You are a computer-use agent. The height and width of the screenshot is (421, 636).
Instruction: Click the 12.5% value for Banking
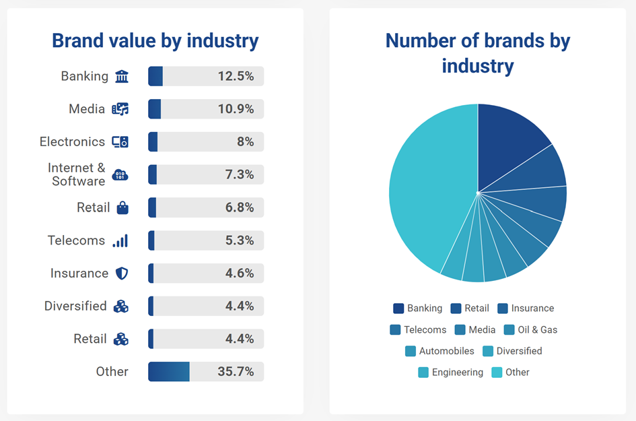pos(236,76)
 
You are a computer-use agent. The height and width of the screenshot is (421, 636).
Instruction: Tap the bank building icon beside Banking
pos(121,76)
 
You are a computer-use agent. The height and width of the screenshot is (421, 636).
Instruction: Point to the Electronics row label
pos(72,141)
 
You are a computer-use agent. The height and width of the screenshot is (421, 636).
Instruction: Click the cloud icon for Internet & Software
pos(120,175)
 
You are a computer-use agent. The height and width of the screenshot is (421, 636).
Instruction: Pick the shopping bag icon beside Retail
pos(122,207)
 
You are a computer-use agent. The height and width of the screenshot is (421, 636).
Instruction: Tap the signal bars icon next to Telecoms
pos(120,240)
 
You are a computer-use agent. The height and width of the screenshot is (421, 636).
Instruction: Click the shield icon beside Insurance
pos(121,273)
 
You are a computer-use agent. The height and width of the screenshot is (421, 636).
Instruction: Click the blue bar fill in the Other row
pos(168,372)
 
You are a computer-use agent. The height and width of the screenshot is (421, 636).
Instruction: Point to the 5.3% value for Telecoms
pos(240,240)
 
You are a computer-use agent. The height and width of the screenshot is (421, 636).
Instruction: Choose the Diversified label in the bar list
pos(75,306)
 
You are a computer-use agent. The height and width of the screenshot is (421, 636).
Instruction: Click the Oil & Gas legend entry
pos(537,330)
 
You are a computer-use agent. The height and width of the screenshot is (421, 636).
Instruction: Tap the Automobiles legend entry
pos(446,351)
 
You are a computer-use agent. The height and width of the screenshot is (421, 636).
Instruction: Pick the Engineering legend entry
pos(457,373)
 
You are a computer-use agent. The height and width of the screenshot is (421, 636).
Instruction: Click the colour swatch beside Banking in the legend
pos(398,309)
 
